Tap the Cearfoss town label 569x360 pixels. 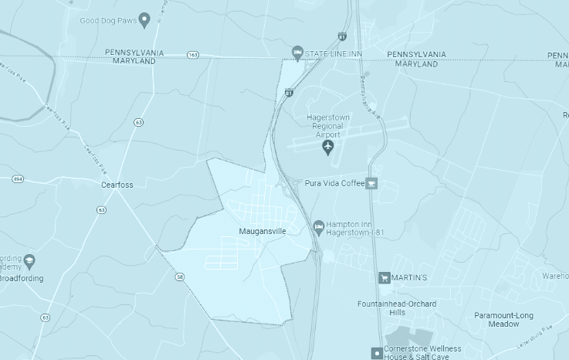click(117, 185)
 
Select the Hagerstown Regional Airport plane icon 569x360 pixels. click(328, 145)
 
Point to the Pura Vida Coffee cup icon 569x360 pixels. click(371, 183)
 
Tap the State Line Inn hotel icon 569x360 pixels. click(297, 53)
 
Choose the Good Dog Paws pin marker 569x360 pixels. click(144, 19)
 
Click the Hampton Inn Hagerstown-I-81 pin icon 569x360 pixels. click(318, 226)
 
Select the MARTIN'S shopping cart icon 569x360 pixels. click(384, 277)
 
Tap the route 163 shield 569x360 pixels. click(192, 55)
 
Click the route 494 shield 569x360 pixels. click(17, 179)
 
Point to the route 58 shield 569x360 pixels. click(179, 277)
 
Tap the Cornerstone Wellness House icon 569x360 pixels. click(376, 352)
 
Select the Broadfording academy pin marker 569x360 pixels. click(29, 260)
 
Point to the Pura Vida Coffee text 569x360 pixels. click(334, 183)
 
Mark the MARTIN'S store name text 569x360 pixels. click(413, 277)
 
